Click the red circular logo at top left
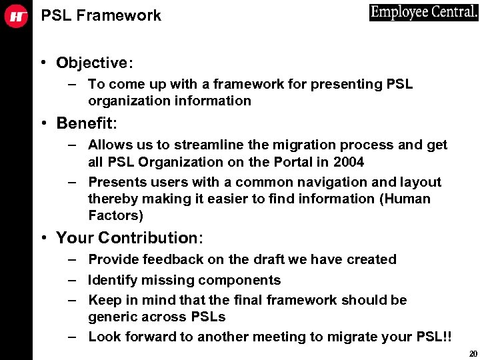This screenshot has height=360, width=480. click(x=16, y=16)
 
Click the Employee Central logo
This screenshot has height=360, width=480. click(x=424, y=13)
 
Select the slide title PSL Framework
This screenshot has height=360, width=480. click(x=101, y=15)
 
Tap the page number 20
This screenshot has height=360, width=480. click(x=473, y=353)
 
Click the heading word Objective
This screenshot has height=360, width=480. click(x=92, y=63)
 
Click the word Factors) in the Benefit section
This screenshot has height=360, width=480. click(x=115, y=215)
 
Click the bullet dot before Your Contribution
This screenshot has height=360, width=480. click(x=42, y=238)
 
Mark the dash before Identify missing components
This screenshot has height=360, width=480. click(x=71, y=280)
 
